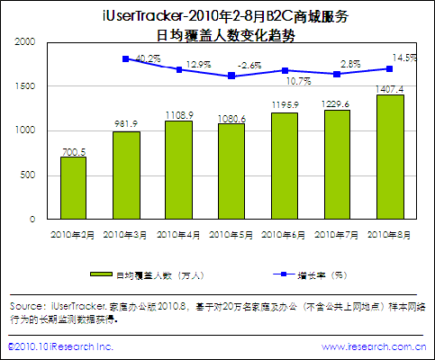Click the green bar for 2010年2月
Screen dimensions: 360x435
pos(73,188)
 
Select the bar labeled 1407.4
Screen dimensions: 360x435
pos(388,157)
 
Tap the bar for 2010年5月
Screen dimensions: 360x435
pos(231,171)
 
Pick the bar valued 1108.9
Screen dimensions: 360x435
pos(178,170)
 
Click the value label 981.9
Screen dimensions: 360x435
pos(126,124)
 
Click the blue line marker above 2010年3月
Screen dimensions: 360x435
pos(125,58)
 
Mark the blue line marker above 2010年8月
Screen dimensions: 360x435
pos(388,68)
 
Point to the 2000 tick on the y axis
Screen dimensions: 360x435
pos(25,42)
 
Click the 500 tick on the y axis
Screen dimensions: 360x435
pos(29,175)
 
